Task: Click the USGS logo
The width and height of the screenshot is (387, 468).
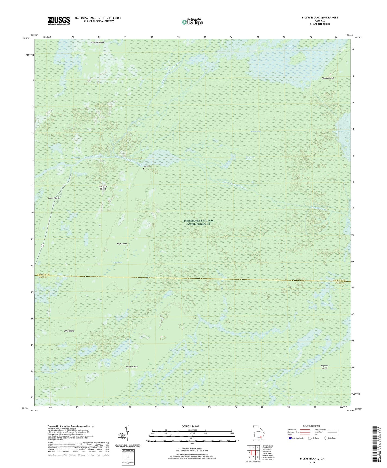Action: [x=59, y=21]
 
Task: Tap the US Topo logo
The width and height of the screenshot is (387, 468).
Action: [x=192, y=22]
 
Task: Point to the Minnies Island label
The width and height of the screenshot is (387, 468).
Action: [x=97, y=42]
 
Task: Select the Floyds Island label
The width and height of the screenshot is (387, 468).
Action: [x=328, y=78]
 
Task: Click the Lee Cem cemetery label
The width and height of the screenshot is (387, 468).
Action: [x=146, y=166]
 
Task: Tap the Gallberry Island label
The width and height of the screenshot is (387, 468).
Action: [x=103, y=187]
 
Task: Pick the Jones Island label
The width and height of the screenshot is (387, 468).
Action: [x=54, y=198]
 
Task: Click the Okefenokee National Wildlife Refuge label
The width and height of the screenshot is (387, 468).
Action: [x=198, y=222]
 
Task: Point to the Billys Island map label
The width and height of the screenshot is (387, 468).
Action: [x=122, y=244]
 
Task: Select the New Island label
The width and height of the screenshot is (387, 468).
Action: [x=69, y=331]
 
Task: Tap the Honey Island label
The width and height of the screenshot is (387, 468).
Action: [x=131, y=367]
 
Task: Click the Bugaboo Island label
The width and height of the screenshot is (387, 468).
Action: [x=324, y=367]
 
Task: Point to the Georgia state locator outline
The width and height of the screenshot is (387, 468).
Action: [x=258, y=432]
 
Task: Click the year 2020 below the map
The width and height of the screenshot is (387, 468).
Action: [x=312, y=462]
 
